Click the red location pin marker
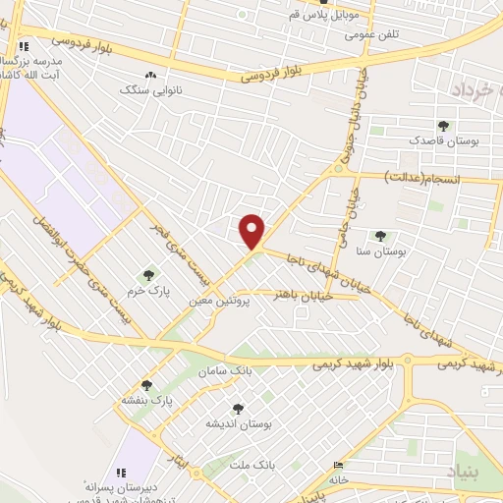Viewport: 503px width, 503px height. pos(252,231)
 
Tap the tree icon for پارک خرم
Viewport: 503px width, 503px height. pos(148,276)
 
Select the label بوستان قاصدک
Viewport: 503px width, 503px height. pos(474,142)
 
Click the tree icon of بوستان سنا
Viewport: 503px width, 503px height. pos(380,236)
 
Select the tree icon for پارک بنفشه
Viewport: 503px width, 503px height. pos(147,385)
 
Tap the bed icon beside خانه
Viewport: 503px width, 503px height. pos(339,465)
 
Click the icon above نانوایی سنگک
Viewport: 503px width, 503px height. pos(149,75)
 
